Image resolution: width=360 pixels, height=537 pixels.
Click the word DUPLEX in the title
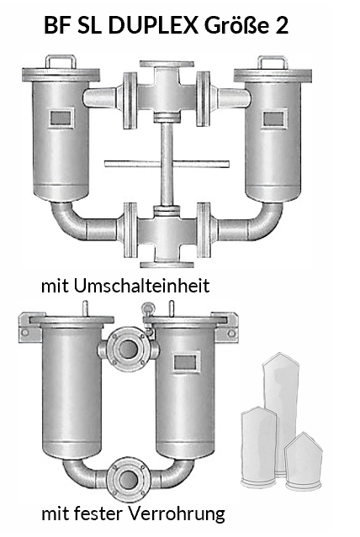pyautogui.click(x=153, y=25)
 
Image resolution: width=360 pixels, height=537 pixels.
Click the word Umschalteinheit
pyautogui.click(x=141, y=285)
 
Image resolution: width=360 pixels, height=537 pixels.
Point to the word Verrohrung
pyautogui.click(x=177, y=513)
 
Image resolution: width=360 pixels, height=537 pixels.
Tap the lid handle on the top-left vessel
pyautogui.click(x=61, y=61)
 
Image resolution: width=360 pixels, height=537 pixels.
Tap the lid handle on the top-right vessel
pyautogui.click(x=273, y=63)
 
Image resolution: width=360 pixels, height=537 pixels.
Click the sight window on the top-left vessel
pyautogui.click(x=61, y=118)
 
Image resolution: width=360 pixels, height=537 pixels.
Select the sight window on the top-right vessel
pyautogui.click(x=273, y=118)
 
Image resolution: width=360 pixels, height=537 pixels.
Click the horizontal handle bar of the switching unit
pyautogui.click(x=167, y=164)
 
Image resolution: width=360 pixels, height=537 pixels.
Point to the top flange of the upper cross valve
pyautogui.click(x=167, y=64)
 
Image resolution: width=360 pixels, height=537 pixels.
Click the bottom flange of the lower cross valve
pyautogui.click(x=167, y=264)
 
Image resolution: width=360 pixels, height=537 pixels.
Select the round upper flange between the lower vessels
pyautogui.click(x=128, y=350)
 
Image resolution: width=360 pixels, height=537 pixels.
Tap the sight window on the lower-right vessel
pyautogui.click(x=186, y=362)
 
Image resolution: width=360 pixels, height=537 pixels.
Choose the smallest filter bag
pyautogui.click(x=303, y=461)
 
